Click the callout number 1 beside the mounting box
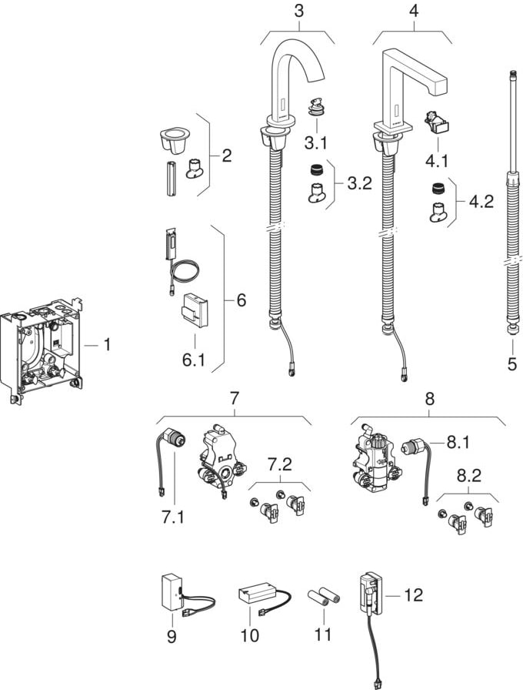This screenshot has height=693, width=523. click(x=107, y=345)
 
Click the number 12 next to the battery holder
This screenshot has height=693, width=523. click(x=412, y=595)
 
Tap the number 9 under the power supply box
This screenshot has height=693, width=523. click(x=172, y=636)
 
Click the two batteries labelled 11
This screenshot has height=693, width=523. click(x=325, y=598)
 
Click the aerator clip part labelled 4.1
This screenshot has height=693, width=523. click(x=435, y=122)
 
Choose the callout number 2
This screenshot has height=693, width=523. click(x=225, y=156)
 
